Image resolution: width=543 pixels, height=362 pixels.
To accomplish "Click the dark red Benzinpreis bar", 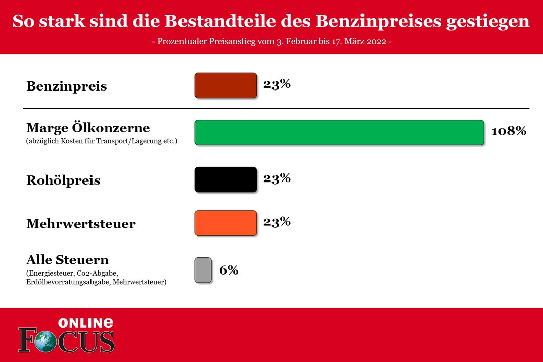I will pos(226,85).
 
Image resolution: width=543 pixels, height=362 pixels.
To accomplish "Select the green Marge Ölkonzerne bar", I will pos(339,133).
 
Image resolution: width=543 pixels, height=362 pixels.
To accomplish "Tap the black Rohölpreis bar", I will pos(226,179).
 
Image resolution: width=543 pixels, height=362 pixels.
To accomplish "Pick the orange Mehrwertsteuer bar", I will pos(226,223).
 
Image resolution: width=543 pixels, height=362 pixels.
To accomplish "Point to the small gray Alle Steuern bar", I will pos(203,270).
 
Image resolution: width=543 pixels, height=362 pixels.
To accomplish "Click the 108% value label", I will pos(509,131).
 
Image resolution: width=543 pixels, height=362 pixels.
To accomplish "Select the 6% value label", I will pos(229,270).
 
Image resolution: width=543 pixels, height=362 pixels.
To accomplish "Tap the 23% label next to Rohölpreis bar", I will pos(277,178).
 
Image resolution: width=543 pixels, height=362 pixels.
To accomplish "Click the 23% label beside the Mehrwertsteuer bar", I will pos(277,221).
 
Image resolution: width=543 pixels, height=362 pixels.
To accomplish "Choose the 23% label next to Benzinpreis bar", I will pos(277,84).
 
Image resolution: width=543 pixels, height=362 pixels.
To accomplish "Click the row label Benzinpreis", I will pos(66,86).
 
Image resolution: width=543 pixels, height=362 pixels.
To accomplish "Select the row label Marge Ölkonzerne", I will pos(88,128).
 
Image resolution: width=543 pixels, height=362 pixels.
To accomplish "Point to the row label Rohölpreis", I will pos(63,180).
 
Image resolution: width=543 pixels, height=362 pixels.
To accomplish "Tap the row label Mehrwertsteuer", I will pos(80,224).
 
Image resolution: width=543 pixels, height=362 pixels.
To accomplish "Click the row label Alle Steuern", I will pos(67,260).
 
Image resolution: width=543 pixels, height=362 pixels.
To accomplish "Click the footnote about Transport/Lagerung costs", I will pos(102,141).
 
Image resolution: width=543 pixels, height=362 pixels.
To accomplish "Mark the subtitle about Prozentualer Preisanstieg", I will pos(271,41).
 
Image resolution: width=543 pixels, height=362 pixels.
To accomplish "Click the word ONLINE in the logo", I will pos(85,323).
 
